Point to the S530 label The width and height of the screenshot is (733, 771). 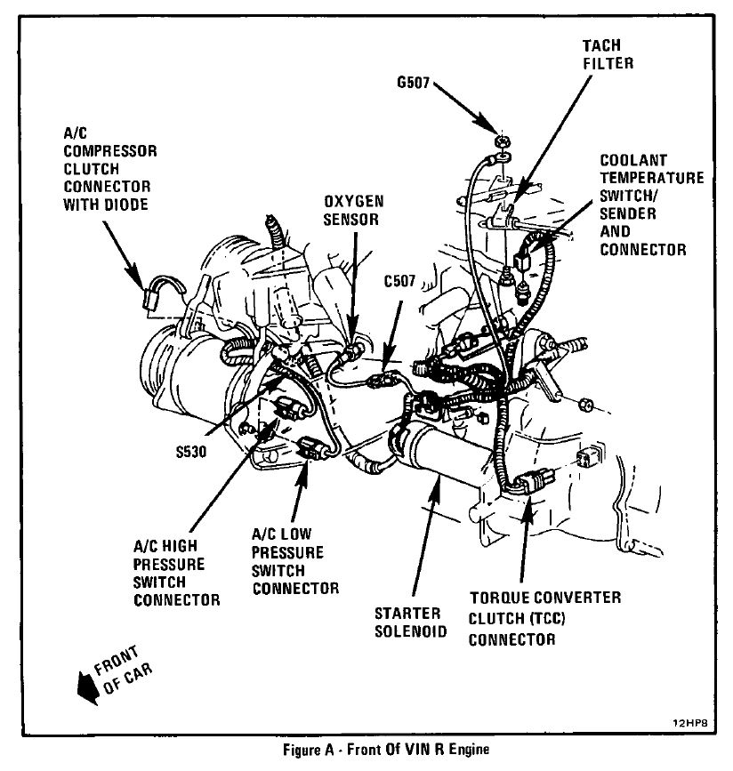pos(190,451)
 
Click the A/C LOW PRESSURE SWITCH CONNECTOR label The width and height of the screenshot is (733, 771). pos(294,563)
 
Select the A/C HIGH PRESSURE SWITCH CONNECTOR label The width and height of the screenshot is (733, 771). pos(176,574)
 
